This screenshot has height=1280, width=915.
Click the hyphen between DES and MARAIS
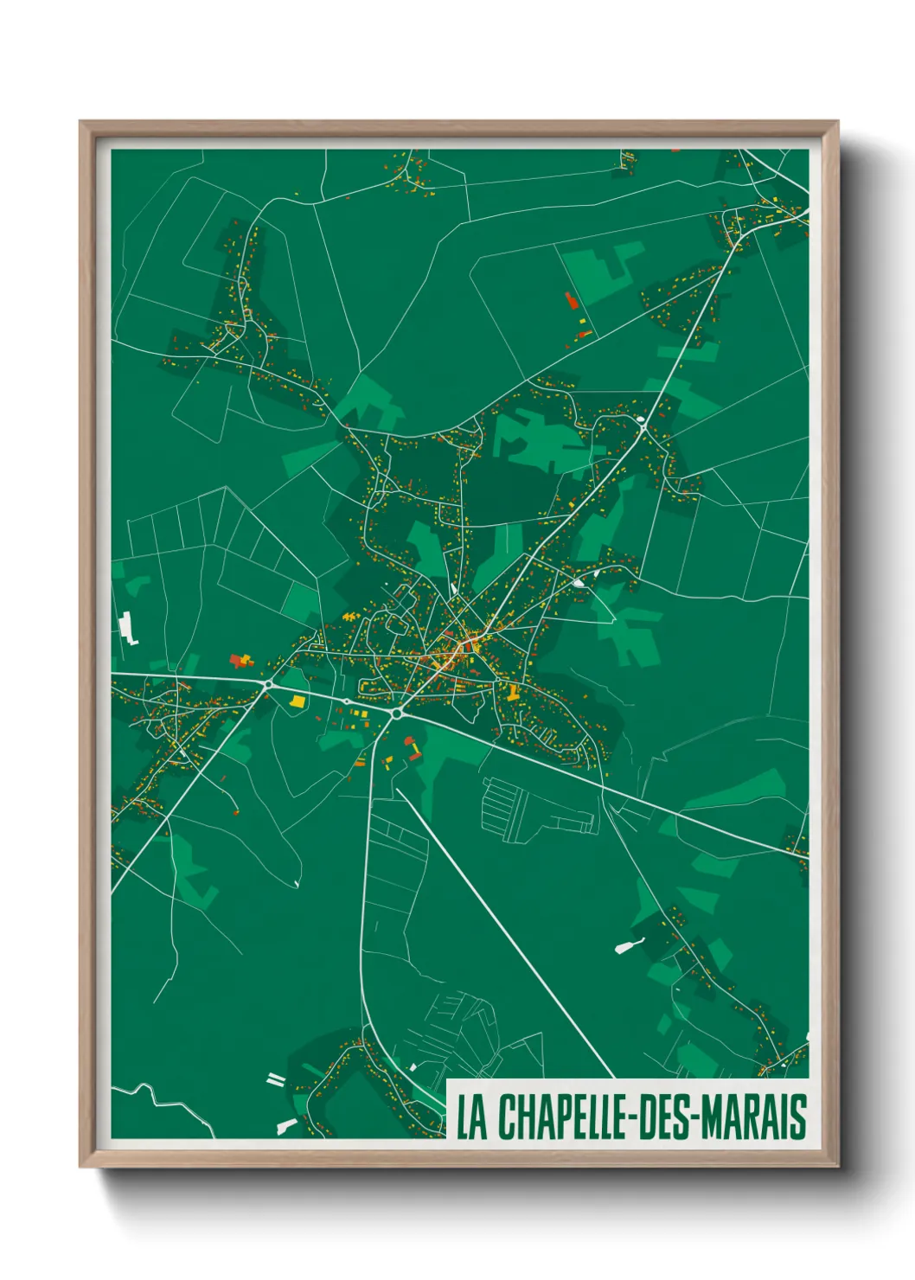(x=694, y=1119)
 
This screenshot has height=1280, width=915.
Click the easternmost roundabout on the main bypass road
(x=396, y=714)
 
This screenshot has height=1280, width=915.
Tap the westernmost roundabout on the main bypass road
(x=268, y=684)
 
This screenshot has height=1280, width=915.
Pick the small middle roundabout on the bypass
(x=347, y=701)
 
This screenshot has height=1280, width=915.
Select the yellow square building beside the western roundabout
(x=298, y=701)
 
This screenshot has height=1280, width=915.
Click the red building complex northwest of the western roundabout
(x=241, y=662)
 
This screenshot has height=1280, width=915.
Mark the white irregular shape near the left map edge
(x=128, y=628)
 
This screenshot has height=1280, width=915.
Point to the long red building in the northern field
(x=571, y=302)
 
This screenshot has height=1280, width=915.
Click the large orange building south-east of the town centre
(x=513, y=692)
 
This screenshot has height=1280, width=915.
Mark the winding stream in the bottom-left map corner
(x=164, y=1103)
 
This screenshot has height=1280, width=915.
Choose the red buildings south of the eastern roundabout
(x=413, y=749)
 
